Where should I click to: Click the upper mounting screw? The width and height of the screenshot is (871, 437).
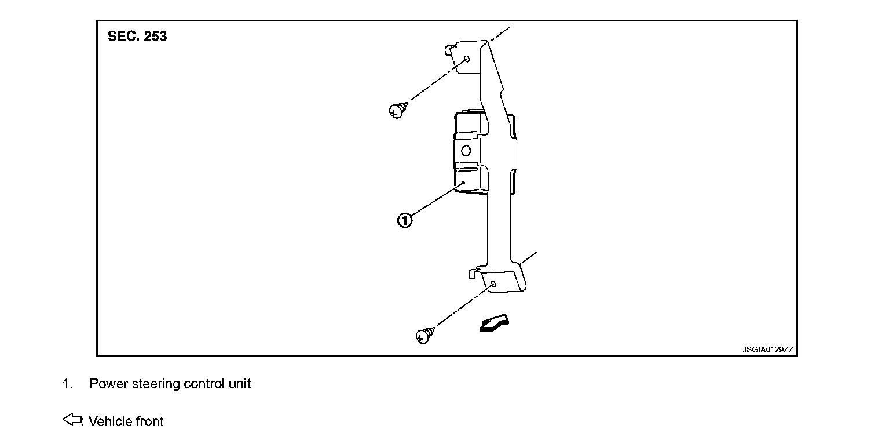[x=397, y=109]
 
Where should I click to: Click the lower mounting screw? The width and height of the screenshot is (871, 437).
[x=424, y=335]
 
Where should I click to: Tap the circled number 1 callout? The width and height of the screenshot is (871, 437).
[x=405, y=220]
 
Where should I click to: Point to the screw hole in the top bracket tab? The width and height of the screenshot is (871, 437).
[x=466, y=59]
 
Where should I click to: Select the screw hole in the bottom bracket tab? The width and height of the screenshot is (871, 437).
[x=492, y=284]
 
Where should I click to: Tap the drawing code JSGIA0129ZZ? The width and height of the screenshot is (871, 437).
[x=768, y=349]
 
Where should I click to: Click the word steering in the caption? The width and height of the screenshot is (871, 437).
[x=156, y=384]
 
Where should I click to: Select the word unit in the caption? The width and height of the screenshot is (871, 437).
[x=240, y=384]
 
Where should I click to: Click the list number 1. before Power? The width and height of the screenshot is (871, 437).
[x=67, y=384]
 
